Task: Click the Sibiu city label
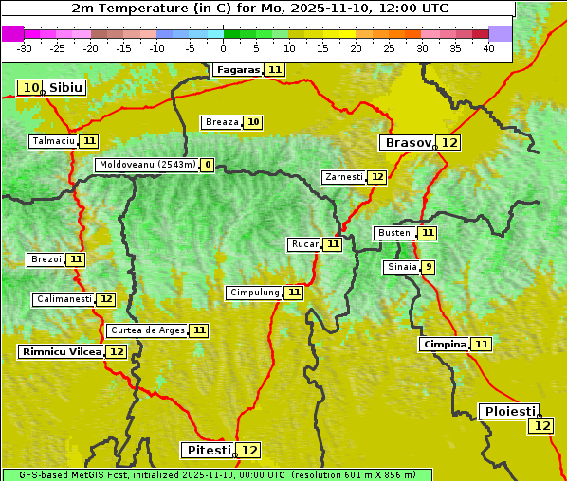66,88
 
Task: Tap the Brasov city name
407,143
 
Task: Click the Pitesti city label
207,450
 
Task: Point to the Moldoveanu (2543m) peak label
146,165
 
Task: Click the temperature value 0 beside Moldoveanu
207,165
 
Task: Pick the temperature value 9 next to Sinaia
429,267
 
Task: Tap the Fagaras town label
237,70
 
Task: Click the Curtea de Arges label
146,330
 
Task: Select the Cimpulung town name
254,293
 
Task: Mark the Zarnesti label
343,177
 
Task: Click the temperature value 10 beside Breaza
253,122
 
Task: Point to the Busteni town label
394,233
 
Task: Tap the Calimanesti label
64,299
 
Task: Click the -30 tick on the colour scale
25,47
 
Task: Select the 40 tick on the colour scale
488,47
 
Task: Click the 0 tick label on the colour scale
224,47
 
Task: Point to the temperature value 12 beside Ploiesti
541,426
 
